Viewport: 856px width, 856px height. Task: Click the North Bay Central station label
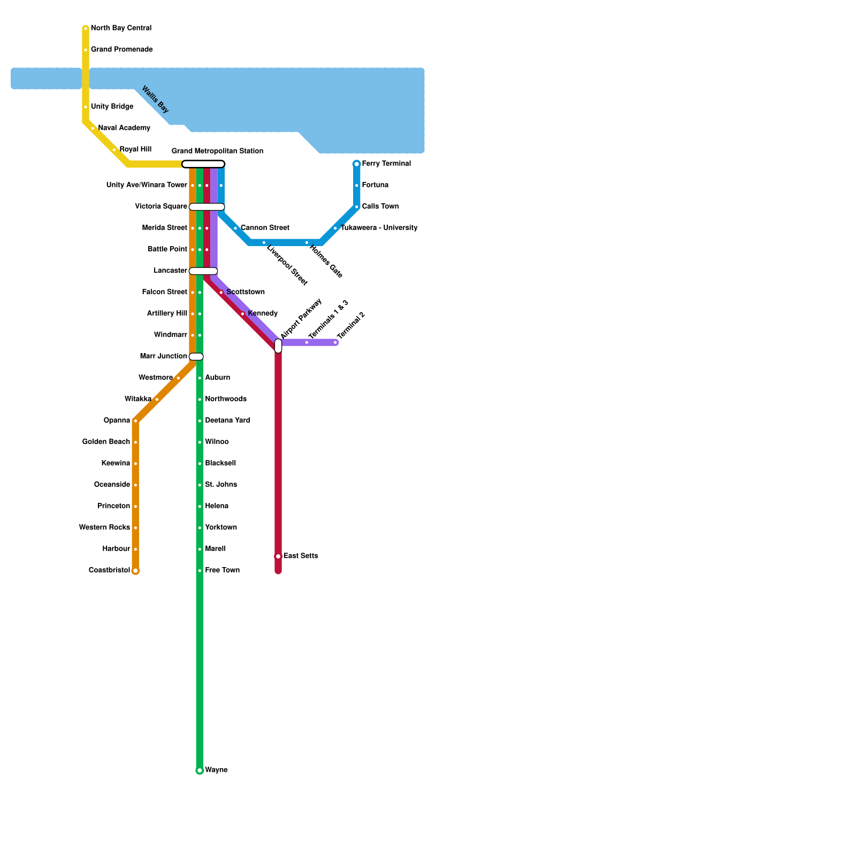click(121, 28)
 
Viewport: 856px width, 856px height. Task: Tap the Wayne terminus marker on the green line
click(200, 770)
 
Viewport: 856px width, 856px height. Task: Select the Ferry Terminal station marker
click(357, 164)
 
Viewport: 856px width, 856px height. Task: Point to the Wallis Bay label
click(155, 100)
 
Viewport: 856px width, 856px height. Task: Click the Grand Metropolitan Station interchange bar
click(203, 164)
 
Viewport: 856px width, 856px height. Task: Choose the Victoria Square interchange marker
click(207, 207)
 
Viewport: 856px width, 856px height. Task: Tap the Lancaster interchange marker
click(203, 271)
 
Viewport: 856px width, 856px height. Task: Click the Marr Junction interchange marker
click(196, 357)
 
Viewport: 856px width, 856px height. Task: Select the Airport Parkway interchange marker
click(278, 346)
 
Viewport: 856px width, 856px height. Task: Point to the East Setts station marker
click(278, 556)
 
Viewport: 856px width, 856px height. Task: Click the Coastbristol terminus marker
click(135, 571)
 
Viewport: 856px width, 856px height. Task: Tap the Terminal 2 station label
click(351, 325)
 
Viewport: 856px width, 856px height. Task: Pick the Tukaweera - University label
click(379, 228)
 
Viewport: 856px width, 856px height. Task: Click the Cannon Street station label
click(265, 228)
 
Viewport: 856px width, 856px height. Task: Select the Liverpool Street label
click(287, 265)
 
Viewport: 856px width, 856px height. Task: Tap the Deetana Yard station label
click(227, 421)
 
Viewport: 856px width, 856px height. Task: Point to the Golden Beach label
click(106, 442)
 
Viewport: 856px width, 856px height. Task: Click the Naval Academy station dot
click(93, 128)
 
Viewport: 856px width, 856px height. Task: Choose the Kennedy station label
click(263, 314)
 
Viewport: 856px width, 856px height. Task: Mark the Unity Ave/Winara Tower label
click(147, 185)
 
